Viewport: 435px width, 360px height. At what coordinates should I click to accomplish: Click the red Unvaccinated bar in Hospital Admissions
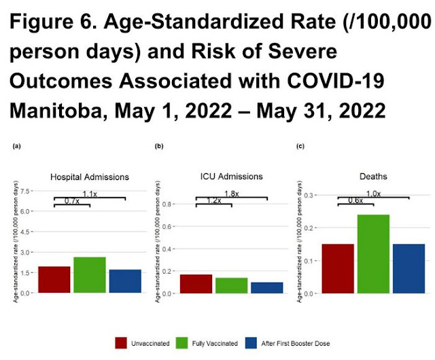tap(54, 279)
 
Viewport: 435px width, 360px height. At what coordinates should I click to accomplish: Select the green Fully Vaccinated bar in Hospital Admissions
tap(89, 274)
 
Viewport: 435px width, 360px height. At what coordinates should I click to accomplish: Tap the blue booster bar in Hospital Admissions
tap(124, 281)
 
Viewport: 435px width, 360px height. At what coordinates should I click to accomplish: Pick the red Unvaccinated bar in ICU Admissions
tap(196, 283)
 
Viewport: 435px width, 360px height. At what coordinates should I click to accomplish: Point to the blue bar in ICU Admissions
tap(266, 287)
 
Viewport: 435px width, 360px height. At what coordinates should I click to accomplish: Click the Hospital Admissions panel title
tap(90, 177)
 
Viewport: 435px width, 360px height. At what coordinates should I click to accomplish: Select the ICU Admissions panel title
tap(231, 177)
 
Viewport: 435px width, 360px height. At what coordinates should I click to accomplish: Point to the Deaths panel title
tap(372, 177)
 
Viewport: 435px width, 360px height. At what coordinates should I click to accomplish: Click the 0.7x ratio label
tap(71, 201)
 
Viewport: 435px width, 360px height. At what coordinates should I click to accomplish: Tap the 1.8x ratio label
tap(231, 194)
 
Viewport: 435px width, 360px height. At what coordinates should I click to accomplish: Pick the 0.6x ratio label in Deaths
tap(355, 200)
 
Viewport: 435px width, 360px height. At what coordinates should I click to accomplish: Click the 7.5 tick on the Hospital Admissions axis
tap(24, 192)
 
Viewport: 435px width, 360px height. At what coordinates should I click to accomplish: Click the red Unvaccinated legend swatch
tap(122, 343)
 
